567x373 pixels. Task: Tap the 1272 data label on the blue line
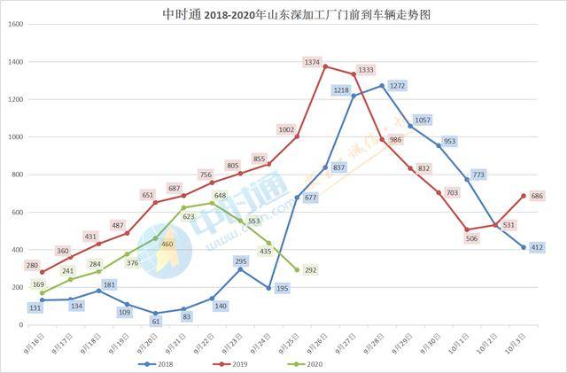point(397,86)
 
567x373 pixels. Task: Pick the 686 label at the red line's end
point(537,195)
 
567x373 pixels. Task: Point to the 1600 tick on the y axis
point(15,25)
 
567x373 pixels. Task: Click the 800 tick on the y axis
point(18,175)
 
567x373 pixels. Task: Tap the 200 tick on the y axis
point(18,287)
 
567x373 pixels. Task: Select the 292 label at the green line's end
point(311,271)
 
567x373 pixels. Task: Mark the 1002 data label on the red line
point(285,129)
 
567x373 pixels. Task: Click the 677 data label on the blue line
point(310,198)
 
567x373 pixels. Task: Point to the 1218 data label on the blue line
point(342,90)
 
